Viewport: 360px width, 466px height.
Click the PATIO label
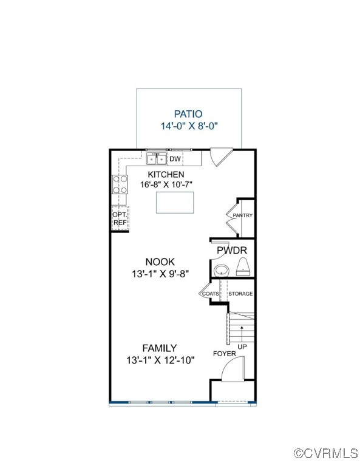tap(188, 113)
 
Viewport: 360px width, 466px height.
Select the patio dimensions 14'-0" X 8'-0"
tap(189, 126)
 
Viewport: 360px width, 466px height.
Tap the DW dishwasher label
tap(175, 160)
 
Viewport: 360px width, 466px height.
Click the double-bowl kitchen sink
tap(157, 160)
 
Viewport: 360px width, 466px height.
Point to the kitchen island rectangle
tap(178, 202)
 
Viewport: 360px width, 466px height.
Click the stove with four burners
tap(119, 184)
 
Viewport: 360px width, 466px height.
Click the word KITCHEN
tap(161, 174)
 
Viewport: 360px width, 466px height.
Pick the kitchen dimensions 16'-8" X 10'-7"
tap(161, 184)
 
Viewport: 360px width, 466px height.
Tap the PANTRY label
tap(243, 215)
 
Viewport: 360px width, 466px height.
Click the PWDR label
tap(231, 250)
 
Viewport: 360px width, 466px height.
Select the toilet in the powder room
tap(243, 267)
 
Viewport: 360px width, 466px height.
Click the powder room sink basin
tap(222, 270)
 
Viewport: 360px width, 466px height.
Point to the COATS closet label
tap(211, 294)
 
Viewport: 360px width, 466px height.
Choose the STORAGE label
tap(240, 294)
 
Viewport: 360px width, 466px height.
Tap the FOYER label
tap(224, 353)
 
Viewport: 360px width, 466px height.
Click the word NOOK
tap(160, 262)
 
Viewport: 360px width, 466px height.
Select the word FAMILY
tap(160, 348)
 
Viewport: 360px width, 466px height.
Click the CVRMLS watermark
tap(325, 453)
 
